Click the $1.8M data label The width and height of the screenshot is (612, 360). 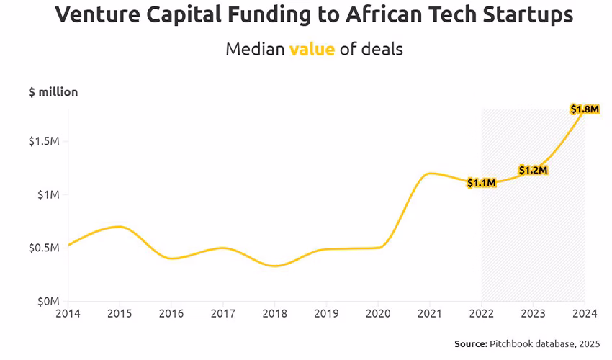coord(584,109)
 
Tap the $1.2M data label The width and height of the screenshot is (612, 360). coord(534,170)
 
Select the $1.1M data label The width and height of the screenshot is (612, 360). coord(481,183)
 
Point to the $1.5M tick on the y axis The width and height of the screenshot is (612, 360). coord(44,141)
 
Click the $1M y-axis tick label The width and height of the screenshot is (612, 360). coord(49,194)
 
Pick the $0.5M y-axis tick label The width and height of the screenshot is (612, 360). coord(44,248)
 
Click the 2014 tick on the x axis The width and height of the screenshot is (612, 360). coord(68,314)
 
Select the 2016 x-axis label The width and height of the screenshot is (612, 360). coord(171,314)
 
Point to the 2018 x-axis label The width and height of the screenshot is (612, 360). coord(274,314)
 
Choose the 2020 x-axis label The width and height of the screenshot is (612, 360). coord(378,314)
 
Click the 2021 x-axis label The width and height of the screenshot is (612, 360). coord(430,314)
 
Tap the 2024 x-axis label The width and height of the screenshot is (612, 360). coord(584,314)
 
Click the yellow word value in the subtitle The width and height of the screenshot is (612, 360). coord(312,49)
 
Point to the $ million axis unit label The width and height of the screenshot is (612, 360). coord(53,92)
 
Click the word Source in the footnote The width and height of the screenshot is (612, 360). coord(471,344)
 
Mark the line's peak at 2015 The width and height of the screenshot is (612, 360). coord(120,227)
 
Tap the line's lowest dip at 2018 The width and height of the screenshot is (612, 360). coord(274,266)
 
